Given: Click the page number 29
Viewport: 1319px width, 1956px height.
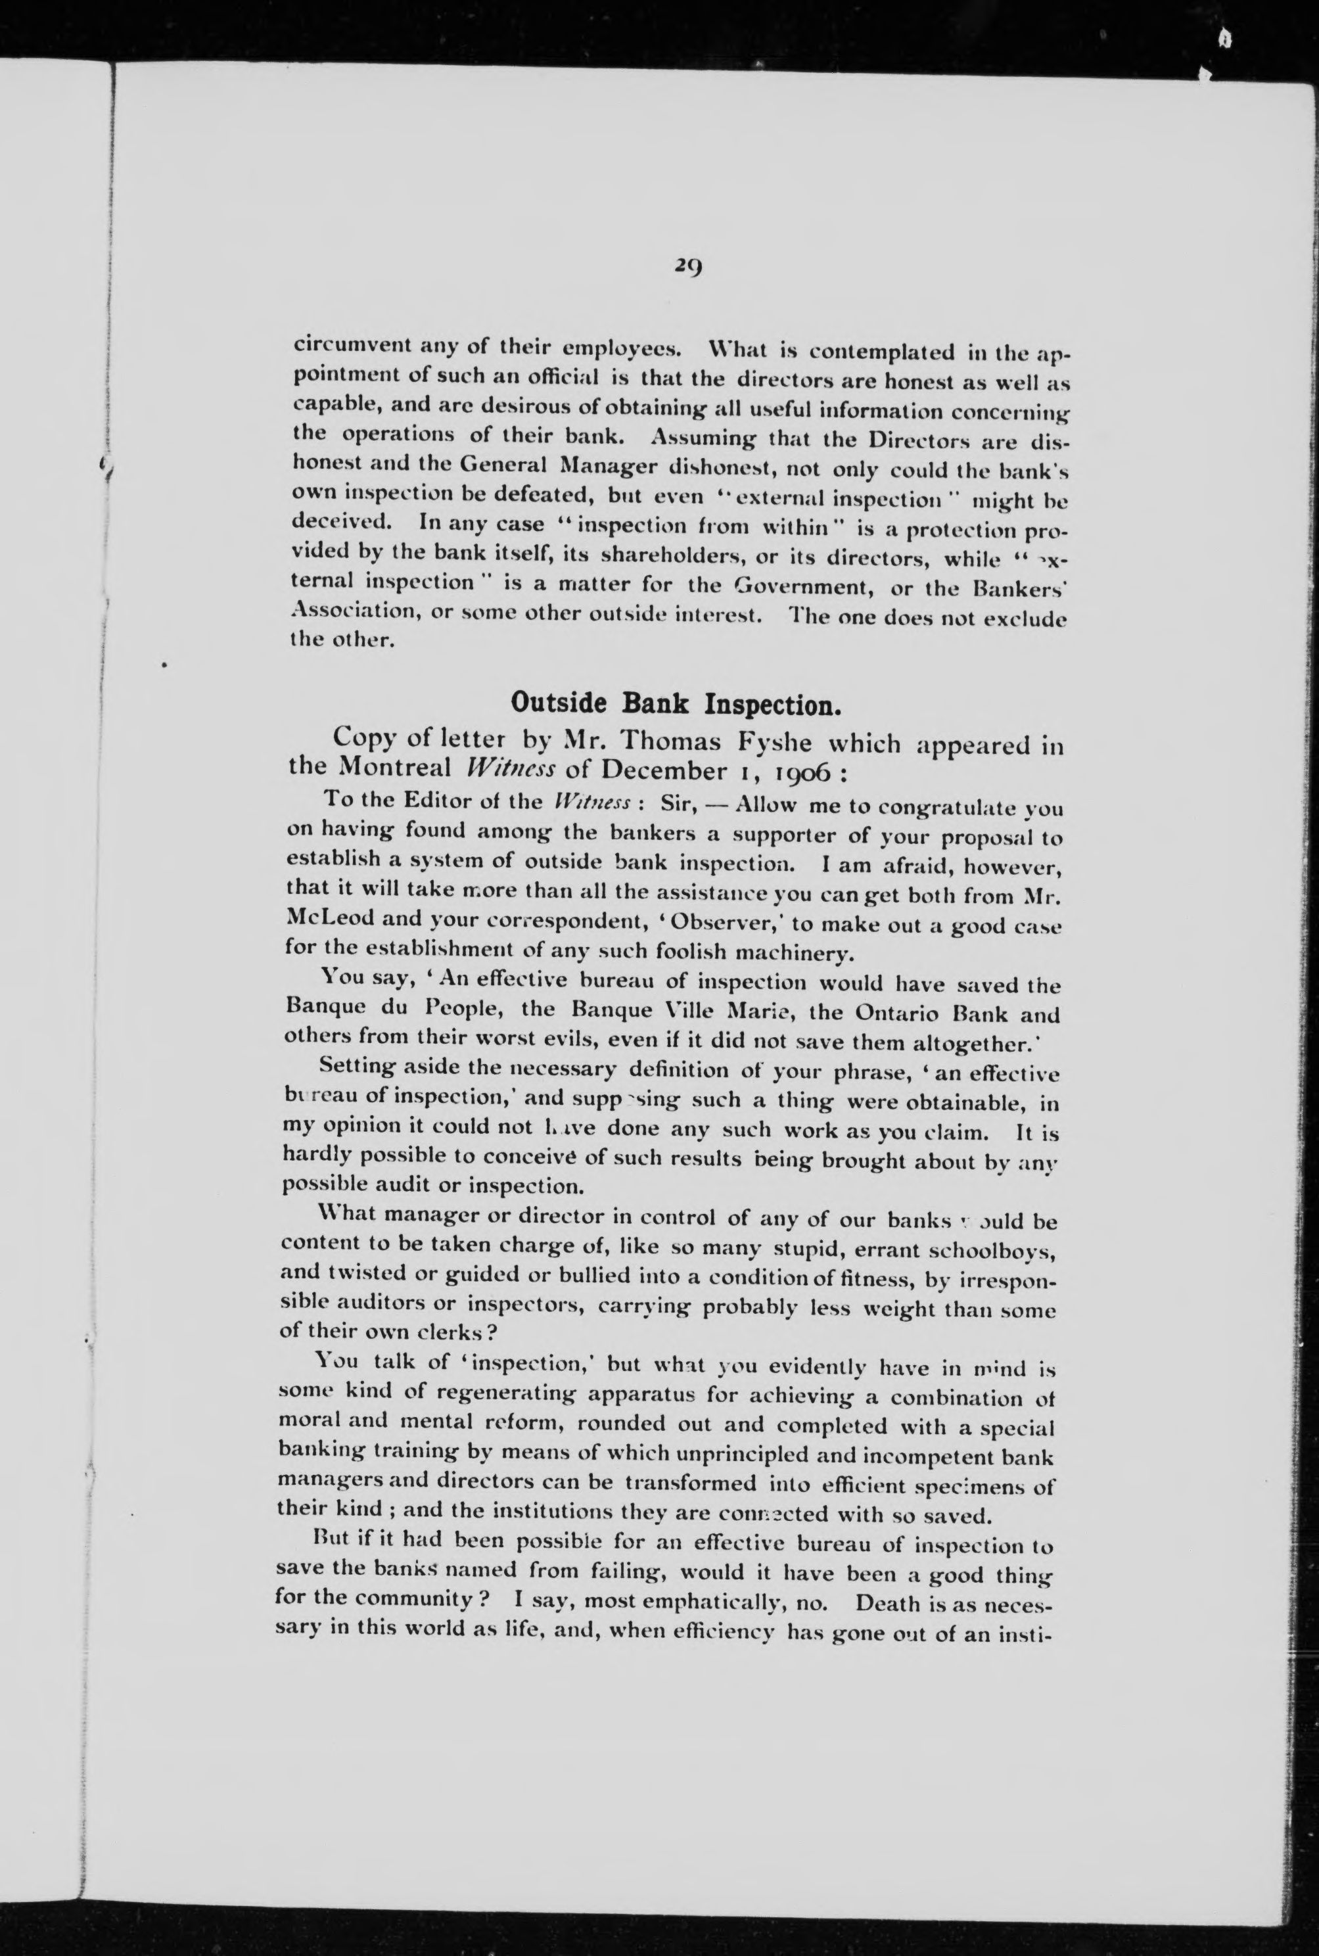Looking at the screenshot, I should (687, 267).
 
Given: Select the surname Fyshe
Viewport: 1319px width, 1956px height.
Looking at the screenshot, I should (772, 741).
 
